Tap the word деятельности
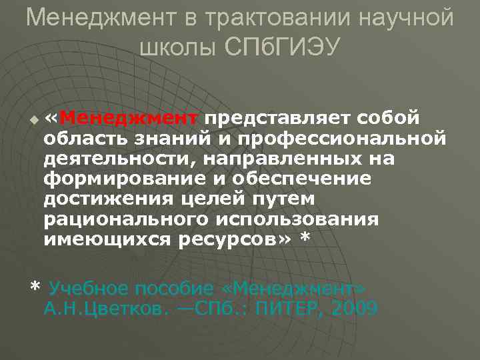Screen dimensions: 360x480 pos(116,159)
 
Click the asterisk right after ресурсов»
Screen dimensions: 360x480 pos(306,238)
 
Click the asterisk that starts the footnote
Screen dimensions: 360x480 pos(35,287)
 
